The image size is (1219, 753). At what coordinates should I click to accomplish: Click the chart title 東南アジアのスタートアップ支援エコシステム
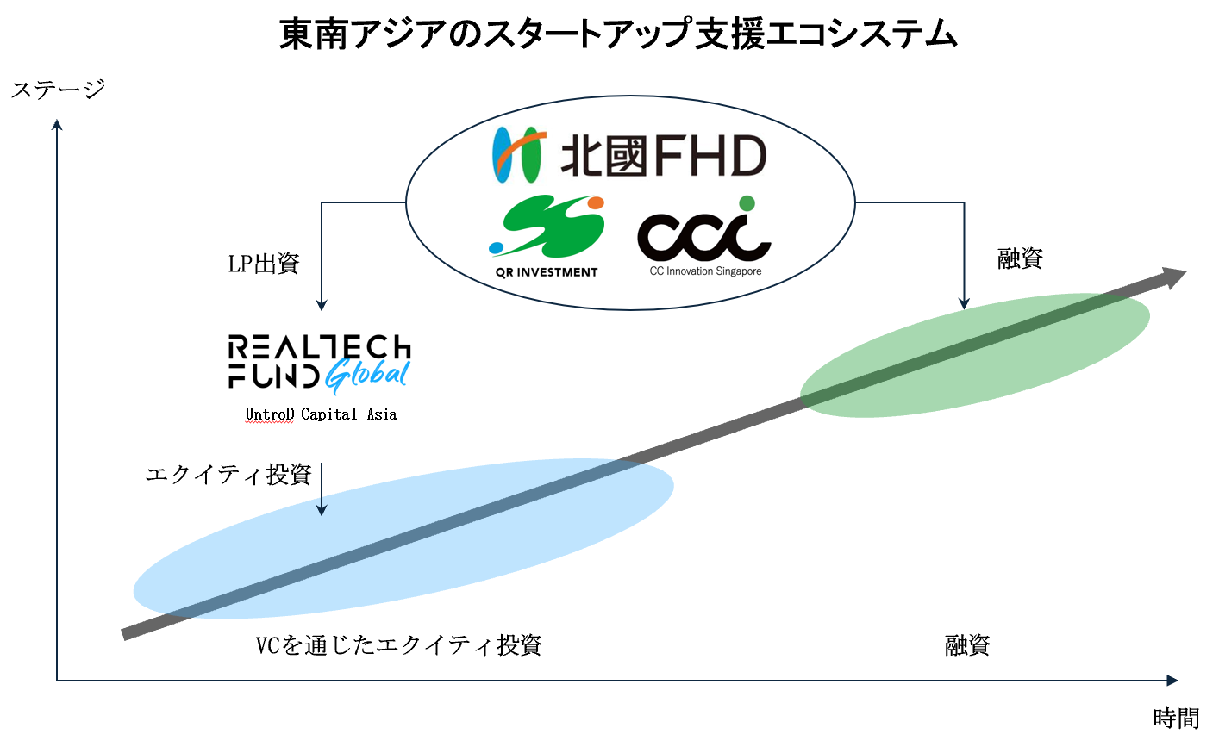click(x=618, y=34)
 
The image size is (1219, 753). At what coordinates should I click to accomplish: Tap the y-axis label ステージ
click(x=58, y=90)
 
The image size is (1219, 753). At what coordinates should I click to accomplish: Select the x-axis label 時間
click(x=1176, y=719)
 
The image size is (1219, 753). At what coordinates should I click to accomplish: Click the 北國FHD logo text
click(x=663, y=156)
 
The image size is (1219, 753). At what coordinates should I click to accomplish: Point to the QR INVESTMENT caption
click(x=547, y=272)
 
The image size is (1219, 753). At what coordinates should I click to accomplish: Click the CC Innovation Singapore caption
click(x=705, y=271)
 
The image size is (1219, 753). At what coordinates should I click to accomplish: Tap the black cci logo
click(x=703, y=231)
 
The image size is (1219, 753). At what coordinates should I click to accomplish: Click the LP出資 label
click(x=263, y=264)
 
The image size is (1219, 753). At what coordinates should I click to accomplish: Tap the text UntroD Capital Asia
click(x=321, y=414)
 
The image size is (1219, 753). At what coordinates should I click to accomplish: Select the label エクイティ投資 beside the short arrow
click(x=228, y=475)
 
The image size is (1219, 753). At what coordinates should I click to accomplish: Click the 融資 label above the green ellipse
click(x=1020, y=258)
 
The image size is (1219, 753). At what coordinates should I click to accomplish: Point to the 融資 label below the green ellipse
click(x=967, y=645)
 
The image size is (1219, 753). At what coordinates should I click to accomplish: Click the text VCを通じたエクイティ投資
click(x=398, y=645)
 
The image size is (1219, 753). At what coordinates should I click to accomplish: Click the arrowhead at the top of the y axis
click(x=57, y=126)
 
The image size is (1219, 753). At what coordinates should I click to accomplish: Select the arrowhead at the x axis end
click(x=1172, y=681)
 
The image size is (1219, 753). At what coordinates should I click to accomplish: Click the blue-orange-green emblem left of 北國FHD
click(x=517, y=155)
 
